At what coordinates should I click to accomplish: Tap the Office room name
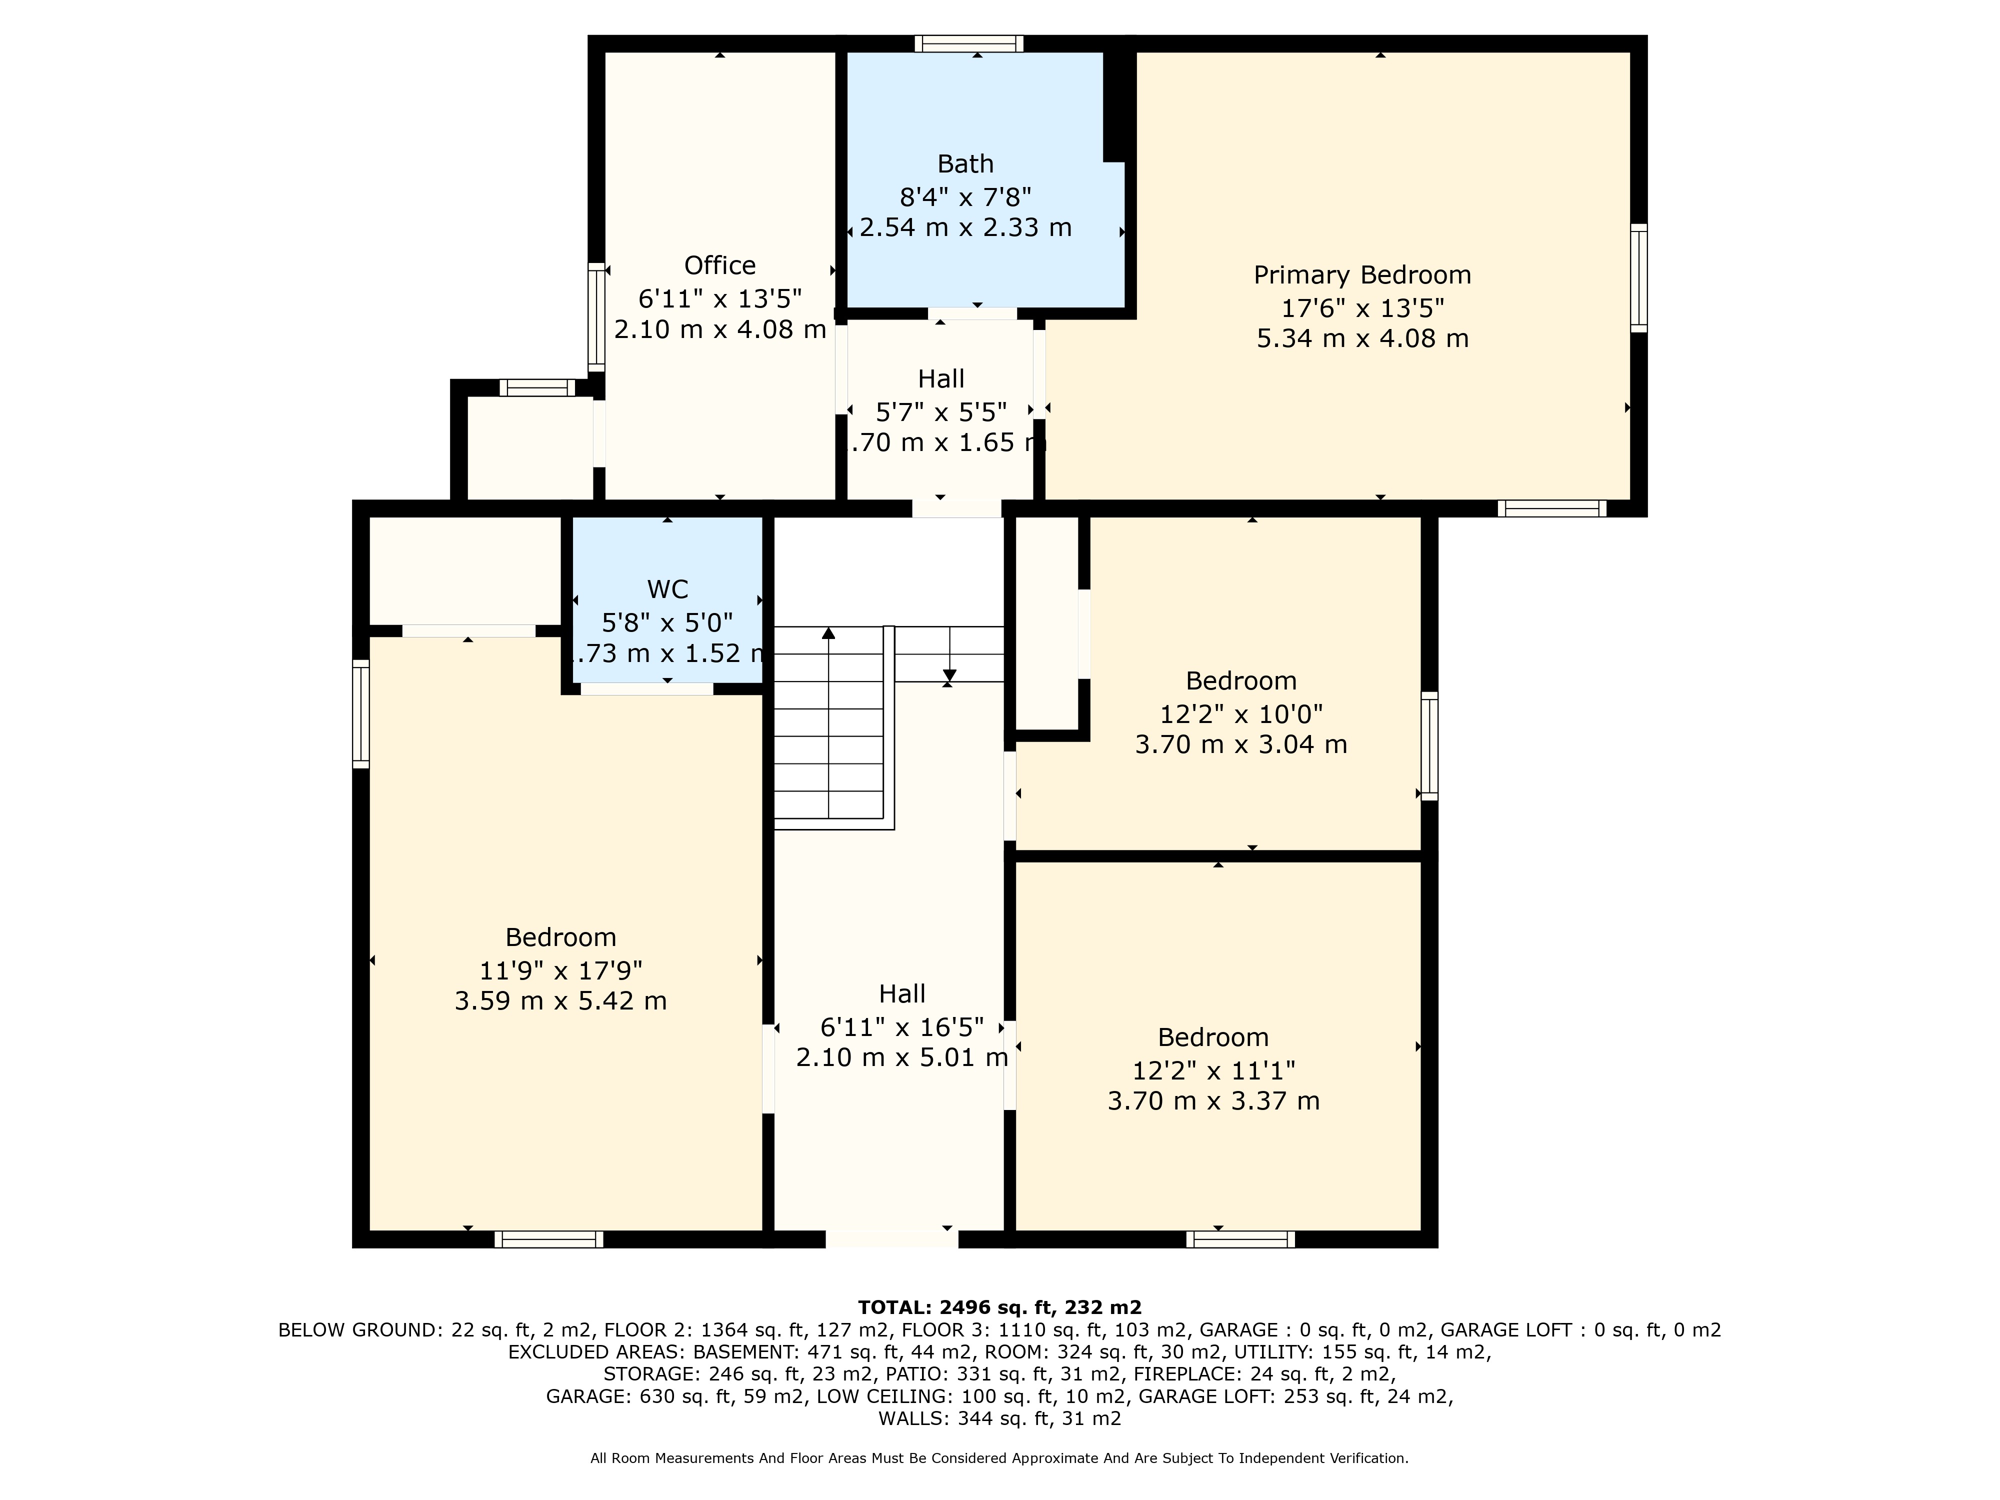pyautogui.click(x=719, y=266)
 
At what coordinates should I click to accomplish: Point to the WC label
pyautogui.click(x=667, y=589)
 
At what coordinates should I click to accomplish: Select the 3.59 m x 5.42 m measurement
pyautogui.click(x=560, y=1001)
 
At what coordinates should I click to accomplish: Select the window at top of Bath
pyautogui.click(x=968, y=43)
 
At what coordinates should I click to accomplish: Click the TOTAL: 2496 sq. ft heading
pyautogui.click(x=999, y=1306)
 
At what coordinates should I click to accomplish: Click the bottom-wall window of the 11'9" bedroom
pyautogui.click(x=549, y=1238)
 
